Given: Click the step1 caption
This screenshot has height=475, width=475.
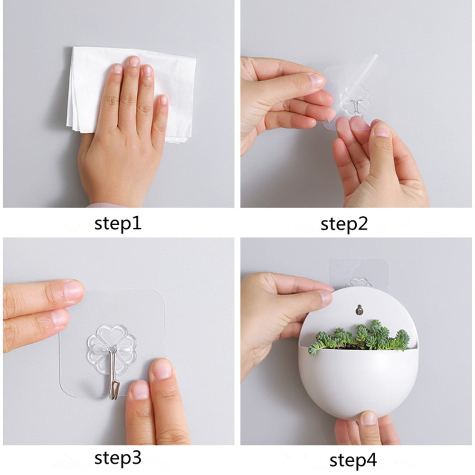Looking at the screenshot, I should point(117,223).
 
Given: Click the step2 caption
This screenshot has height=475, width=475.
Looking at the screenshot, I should point(344,223).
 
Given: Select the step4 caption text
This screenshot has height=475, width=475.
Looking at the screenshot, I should point(353,459).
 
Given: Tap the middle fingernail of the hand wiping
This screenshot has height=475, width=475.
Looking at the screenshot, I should point(133,61).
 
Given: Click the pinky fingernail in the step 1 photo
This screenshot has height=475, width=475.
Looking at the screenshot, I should point(163,100).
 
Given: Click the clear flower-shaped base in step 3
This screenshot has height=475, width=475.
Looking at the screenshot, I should point(112,340).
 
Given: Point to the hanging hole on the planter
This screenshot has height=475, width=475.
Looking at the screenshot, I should point(360,309).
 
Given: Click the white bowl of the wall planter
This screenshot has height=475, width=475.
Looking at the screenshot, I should point(359,380).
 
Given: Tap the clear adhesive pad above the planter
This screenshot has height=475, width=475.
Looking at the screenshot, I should point(359,271).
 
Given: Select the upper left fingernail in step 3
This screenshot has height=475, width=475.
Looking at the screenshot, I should point(74,290).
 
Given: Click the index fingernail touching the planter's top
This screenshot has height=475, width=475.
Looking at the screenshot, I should point(326,298).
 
